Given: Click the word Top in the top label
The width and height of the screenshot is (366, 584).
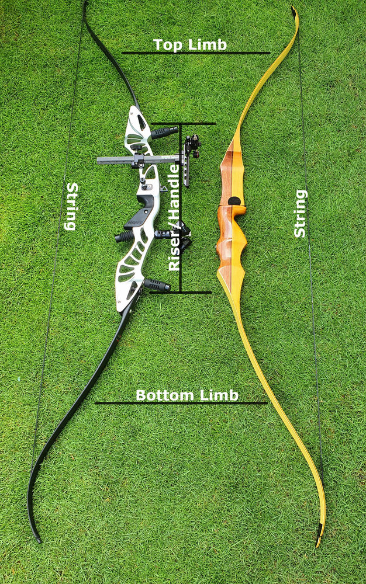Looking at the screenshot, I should [x=167, y=44].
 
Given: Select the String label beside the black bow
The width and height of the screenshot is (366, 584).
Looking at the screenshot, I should [x=72, y=206].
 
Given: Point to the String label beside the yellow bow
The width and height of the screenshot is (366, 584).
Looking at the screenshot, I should [x=300, y=213].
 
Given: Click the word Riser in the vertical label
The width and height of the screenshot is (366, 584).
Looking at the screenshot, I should [x=174, y=253].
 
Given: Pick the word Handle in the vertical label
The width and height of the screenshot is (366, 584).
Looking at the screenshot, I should [x=174, y=187].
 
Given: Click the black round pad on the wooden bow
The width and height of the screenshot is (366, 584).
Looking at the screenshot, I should [x=234, y=201].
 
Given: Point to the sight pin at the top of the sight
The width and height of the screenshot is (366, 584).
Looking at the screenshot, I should [x=192, y=141].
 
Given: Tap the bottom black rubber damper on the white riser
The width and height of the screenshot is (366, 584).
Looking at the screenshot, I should [x=156, y=285].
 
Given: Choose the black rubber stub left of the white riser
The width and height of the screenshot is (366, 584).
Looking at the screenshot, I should [x=124, y=236].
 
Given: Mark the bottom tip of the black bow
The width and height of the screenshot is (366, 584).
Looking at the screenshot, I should [x=39, y=540].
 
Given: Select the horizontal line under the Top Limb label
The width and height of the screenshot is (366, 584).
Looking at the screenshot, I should [x=196, y=53].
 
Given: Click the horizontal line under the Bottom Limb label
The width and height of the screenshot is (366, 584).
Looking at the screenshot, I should [x=181, y=403].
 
